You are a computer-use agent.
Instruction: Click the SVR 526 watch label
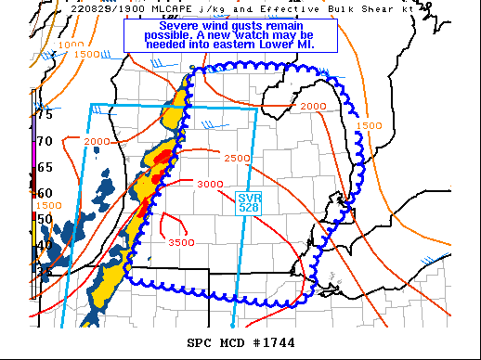click(249, 202)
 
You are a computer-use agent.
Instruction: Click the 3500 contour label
click(181, 242)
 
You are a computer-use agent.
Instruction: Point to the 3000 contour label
click(210, 184)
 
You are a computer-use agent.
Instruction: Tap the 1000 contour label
click(70, 45)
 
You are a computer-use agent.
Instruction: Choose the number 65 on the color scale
click(43, 168)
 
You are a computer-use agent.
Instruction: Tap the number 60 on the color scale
click(43, 193)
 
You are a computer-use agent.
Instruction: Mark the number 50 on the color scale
click(43, 219)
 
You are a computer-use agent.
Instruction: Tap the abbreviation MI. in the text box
click(304, 43)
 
